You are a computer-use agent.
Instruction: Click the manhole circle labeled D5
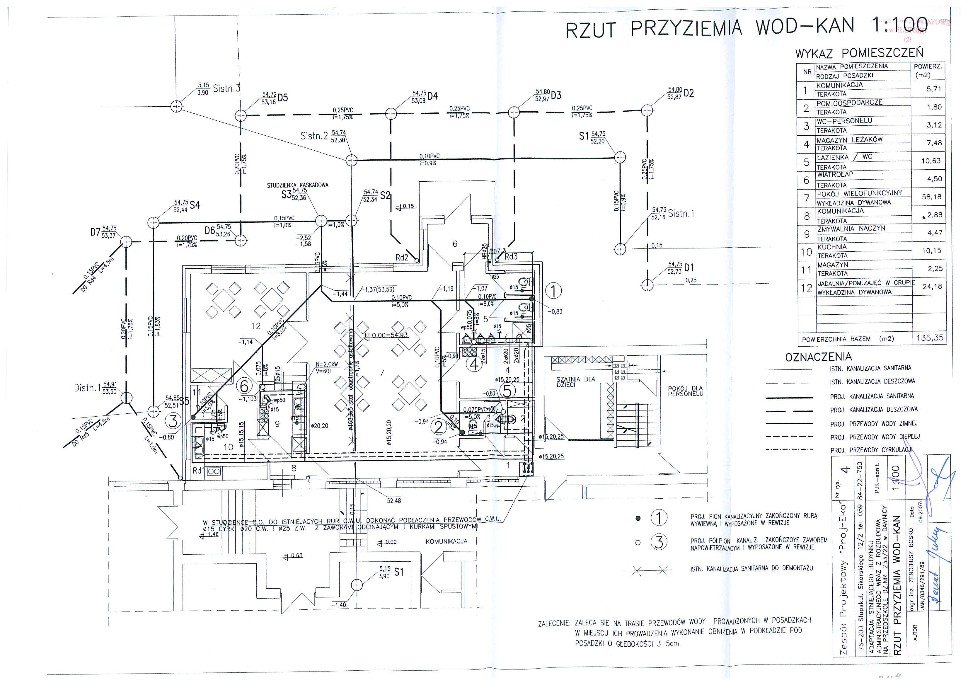click(240, 115)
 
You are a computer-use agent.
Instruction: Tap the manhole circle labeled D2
click(647, 110)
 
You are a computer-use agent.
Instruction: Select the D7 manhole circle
click(126, 242)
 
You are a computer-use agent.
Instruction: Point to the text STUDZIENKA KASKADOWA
click(297, 185)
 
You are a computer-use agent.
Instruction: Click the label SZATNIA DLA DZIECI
click(575, 382)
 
